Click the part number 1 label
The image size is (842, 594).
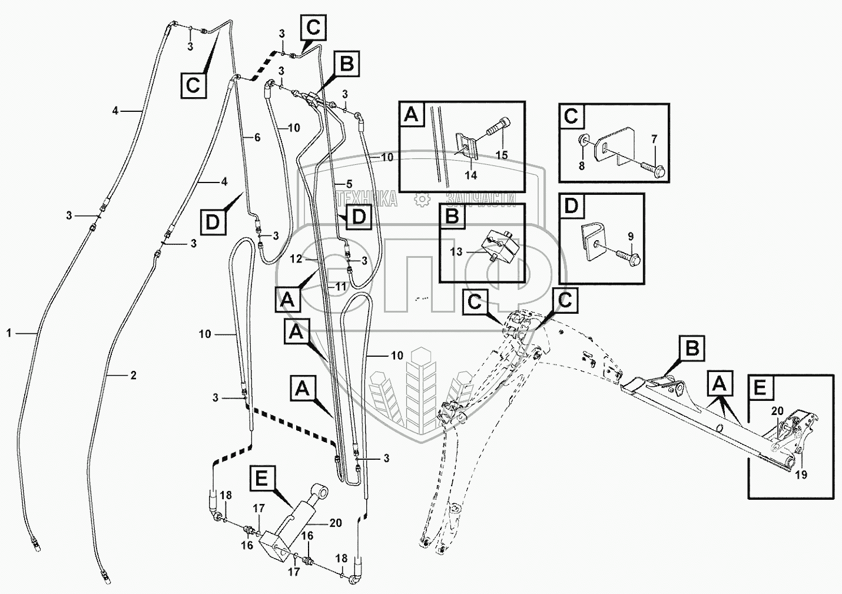coord(9,333)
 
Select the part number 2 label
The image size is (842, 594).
coord(133,375)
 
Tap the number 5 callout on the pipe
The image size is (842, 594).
coord(349,183)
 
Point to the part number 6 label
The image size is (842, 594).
coord(257,137)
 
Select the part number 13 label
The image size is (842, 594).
coord(456,251)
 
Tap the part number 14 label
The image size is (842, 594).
coord(471,175)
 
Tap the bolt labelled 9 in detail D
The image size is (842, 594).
coord(619,255)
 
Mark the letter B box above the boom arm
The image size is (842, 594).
coord(692,349)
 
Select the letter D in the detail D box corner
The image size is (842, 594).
coord(571,206)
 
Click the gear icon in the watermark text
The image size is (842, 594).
coord(422,200)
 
